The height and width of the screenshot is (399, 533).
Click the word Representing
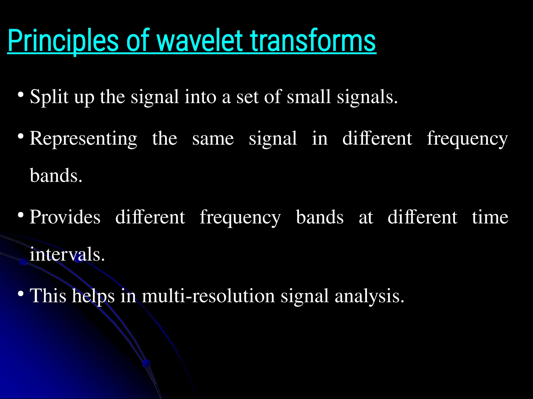83,139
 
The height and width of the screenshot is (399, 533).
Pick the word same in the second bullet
213,139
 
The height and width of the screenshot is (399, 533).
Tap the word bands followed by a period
56,176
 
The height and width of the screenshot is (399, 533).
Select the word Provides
65,217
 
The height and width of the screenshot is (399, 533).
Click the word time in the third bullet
490,217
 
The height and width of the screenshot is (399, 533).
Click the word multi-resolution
208,296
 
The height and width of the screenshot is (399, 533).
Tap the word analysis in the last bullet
369,296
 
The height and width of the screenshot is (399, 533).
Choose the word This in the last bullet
48,296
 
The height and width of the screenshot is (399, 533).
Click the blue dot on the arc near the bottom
147,363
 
